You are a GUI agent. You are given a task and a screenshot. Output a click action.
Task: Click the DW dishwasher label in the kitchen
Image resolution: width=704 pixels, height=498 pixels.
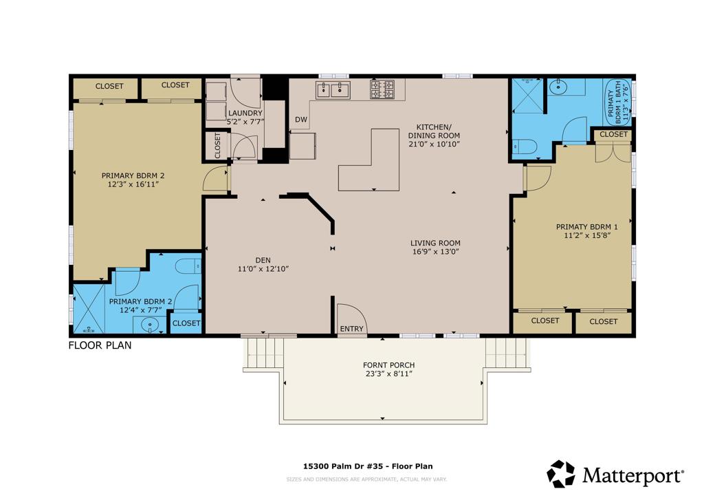coord(301,120)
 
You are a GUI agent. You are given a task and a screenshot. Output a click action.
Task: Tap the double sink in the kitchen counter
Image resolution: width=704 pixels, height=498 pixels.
coord(333,89)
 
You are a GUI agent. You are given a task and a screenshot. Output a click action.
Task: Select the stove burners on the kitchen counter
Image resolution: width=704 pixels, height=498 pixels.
coord(382,89)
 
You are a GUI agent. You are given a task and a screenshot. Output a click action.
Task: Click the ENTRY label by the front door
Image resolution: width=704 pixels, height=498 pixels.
coord(351,329)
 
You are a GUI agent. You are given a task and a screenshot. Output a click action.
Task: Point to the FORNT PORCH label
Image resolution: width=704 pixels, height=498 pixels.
coord(388,365)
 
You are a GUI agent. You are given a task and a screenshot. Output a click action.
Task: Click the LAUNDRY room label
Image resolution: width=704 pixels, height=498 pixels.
coord(245,113)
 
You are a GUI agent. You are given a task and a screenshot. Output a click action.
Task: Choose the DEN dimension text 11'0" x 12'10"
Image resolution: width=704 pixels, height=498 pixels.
coord(263,269)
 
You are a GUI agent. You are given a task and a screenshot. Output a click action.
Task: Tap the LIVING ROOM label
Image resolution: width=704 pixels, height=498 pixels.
coord(435,243)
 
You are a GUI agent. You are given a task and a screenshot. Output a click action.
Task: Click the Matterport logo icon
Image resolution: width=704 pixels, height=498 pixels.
coord(560,474)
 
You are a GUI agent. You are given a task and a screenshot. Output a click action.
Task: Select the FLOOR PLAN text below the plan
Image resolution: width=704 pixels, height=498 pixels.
coord(100,345)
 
